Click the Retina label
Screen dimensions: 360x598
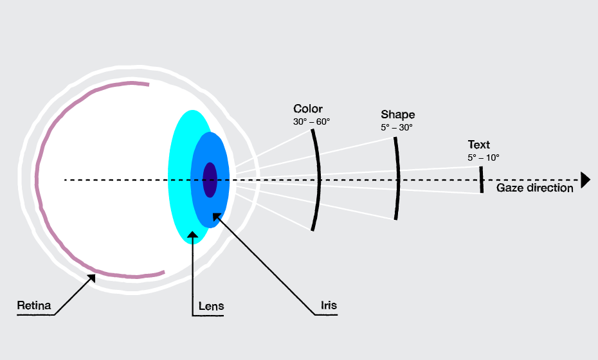coord(34,305)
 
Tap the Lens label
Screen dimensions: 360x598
coord(212,306)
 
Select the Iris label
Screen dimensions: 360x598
coord(329,305)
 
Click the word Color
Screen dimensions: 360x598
coord(308,109)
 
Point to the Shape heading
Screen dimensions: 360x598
coord(397,114)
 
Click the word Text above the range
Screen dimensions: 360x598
coord(478,145)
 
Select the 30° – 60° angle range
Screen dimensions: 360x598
coord(312,122)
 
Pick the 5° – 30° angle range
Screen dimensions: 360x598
coord(397,127)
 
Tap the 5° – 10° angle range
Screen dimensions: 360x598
coord(484,157)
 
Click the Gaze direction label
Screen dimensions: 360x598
coord(534,188)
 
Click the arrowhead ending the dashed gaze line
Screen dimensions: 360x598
coord(584,180)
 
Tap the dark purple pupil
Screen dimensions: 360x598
coord(210,179)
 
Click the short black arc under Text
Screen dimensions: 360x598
coord(481,179)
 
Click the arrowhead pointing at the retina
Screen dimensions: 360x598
coord(92,278)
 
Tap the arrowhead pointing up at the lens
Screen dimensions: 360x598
coord(193,236)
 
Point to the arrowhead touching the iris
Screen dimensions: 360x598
coord(216,217)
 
